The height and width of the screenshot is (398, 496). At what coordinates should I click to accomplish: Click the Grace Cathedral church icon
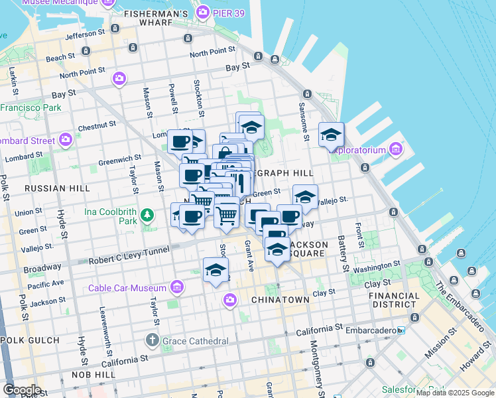tap(152, 341)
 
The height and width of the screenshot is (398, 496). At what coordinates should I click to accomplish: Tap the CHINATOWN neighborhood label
tap(280, 300)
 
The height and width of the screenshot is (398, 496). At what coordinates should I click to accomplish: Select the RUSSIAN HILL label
tap(57, 188)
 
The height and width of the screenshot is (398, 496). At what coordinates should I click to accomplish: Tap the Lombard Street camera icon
tap(66, 139)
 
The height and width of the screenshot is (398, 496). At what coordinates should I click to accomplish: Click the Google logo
tap(22, 389)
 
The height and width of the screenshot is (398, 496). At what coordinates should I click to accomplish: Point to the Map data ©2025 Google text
tap(454, 393)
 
